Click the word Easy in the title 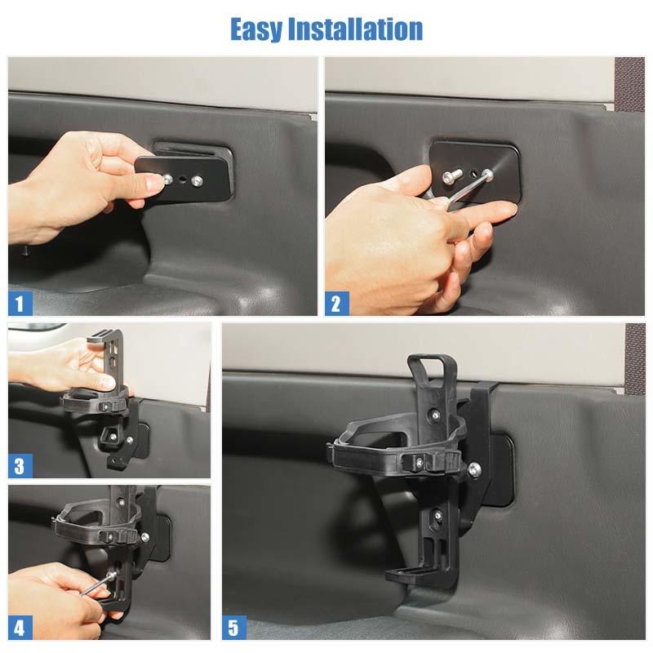[x=256, y=29]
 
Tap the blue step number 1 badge [x=20, y=304]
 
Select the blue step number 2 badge [x=336, y=304]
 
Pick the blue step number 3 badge [x=20, y=466]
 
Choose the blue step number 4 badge [x=20, y=628]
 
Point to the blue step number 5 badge [x=234, y=628]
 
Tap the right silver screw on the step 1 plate [x=197, y=180]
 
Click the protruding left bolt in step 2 [x=452, y=174]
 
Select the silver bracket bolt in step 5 [x=474, y=470]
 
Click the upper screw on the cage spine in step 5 [x=435, y=415]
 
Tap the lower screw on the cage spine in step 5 [x=438, y=517]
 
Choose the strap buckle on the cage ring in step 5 [x=420, y=461]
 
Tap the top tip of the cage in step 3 [x=106, y=333]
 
